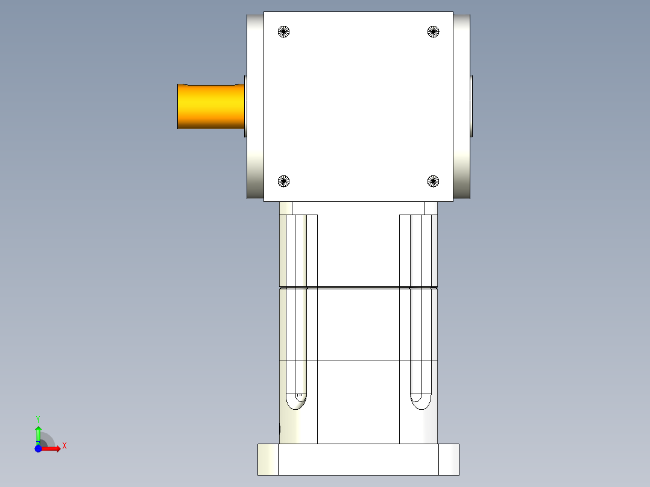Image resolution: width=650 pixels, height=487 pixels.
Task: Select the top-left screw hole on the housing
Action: [x=284, y=32]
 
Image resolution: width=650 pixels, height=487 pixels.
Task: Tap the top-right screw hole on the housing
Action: [x=432, y=31]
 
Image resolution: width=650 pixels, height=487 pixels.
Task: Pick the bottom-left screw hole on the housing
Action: [x=284, y=180]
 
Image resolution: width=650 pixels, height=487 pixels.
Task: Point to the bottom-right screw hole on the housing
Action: [x=432, y=180]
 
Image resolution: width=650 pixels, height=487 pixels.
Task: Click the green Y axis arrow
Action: [x=38, y=433]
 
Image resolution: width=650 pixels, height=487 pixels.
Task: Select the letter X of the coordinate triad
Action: [x=64, y=446]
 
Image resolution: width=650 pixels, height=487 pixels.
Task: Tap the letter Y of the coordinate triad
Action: [x=38, y=418]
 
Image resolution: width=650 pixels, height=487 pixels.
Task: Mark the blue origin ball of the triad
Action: [x=38, y=448]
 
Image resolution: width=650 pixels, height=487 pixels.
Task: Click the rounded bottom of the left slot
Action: [x=295, y=402]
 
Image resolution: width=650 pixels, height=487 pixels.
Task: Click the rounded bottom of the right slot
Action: [x=420, y=402]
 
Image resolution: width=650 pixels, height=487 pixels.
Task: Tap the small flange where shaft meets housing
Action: [x=245, y=106]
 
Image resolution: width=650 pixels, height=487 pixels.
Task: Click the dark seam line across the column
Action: [x=358, y=287]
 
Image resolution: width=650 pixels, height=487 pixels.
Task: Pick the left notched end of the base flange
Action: [x=268, y=459]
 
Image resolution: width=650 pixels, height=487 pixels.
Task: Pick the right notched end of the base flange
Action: [x=449, y=459]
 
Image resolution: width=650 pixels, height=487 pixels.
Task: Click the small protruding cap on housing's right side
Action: [x=472, y=106]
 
